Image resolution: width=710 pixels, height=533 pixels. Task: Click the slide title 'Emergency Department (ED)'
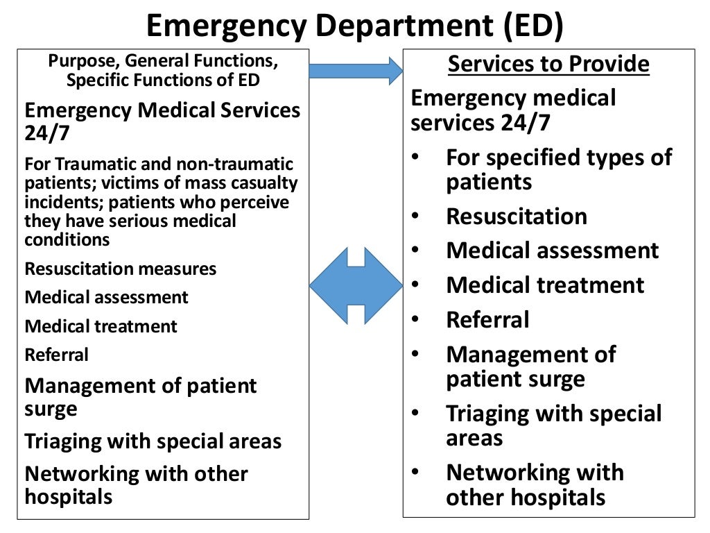point(355,26)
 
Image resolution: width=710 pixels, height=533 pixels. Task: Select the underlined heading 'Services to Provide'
point(548,65)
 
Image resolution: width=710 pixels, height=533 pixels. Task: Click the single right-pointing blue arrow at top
point(355,70)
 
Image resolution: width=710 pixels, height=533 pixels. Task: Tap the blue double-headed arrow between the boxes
point(355,285)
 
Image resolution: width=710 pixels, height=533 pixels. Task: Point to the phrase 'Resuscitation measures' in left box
point(121,269)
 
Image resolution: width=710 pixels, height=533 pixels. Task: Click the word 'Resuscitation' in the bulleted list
point(517,217)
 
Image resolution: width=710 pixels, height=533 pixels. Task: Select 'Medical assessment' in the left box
point(106,297)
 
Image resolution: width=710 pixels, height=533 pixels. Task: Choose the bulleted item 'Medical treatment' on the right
point(545,285)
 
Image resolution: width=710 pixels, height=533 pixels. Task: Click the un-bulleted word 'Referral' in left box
point(57,355)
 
